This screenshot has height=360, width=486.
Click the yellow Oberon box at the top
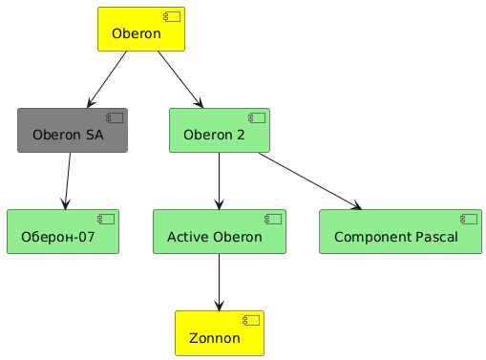click(x=141, y=29)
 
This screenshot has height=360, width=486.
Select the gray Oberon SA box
click(x=73, y=130)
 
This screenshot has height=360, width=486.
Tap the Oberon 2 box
click(x=220, y=130)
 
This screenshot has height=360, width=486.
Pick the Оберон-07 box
click(x=63, y=231)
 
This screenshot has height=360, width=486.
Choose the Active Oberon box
click(x=220, y=231)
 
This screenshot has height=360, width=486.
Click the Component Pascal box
click(x=401, y=231)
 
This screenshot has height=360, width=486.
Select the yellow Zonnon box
click(x=220, y=333)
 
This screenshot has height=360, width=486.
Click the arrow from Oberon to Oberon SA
click(x=107, y=79)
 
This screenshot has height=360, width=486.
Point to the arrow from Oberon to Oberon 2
click(x=180, y=79)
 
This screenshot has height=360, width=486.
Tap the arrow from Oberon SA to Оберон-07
click(x=68, y=180)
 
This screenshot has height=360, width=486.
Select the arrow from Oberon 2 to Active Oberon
click(x=219, y=180)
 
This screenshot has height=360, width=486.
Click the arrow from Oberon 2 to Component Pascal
click(x=310, y=180)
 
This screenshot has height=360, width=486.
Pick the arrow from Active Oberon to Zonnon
click(x=219, y=282)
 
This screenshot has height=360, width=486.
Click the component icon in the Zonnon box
click(x=251, y=321)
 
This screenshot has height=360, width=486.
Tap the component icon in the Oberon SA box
click(x=115, y=117)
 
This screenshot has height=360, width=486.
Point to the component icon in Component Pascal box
click(x=469, y=219)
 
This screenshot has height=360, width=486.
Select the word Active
click(x=188, y=237)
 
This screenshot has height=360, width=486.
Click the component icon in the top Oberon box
click(x=172, y=16)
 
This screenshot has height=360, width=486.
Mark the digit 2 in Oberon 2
click(x=241, y=135)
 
